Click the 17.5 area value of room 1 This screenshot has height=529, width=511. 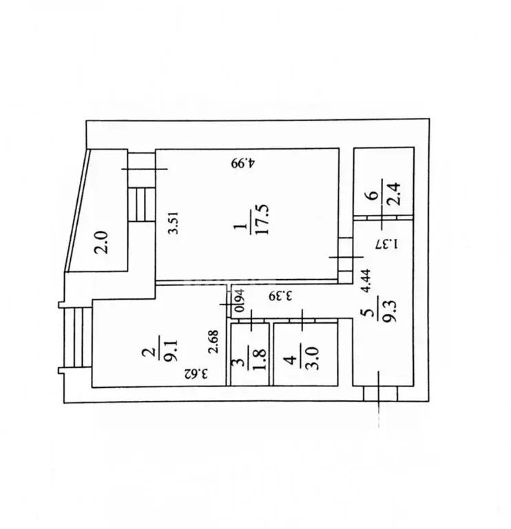coord(262,219)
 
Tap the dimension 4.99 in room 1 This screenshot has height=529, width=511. coord(244,163)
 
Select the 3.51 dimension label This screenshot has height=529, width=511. coord(174,222)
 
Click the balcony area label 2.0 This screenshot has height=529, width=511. coord(101,242)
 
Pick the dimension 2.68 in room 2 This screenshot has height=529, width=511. coord(213,342)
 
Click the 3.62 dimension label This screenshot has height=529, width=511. coord(196,373)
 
